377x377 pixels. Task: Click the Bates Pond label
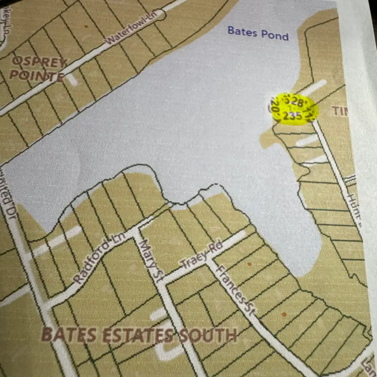[258, 33]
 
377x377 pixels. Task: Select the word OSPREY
[39, 63]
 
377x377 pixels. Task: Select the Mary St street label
[149, 256]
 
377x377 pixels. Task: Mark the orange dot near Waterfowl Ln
[86, 26]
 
